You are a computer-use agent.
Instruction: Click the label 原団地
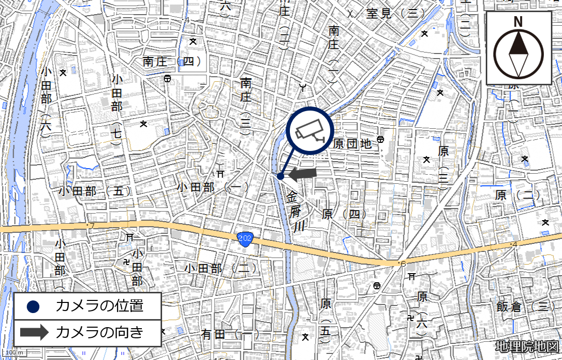coord(352,144)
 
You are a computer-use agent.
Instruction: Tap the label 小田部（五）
coord(94,191)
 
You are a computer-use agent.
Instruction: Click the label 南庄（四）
coord(172,62)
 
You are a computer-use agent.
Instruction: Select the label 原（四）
coord(344,214)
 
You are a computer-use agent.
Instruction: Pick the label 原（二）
coord(518,195)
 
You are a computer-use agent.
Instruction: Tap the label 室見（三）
coord(396,13)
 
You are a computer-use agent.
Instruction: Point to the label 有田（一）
coord(230,334)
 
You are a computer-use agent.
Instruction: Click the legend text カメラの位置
coord(99,305)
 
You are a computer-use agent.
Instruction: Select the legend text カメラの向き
coord(99,332)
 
